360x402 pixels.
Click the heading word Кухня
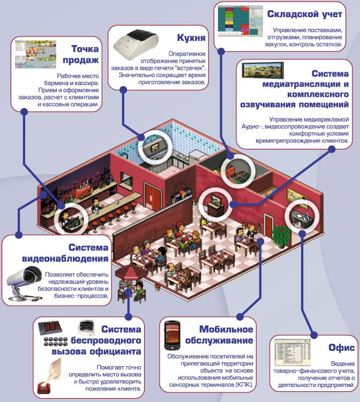191,37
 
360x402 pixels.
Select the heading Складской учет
305,14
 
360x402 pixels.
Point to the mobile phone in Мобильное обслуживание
172,335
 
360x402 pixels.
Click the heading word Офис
342,347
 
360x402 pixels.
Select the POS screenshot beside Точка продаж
35,54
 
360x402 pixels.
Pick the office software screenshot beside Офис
292,352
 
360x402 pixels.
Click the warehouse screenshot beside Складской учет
241,21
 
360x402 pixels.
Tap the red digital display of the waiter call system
50,328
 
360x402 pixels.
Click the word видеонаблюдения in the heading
65,259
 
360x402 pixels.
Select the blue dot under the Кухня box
123,90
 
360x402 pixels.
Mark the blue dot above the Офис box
314,335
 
